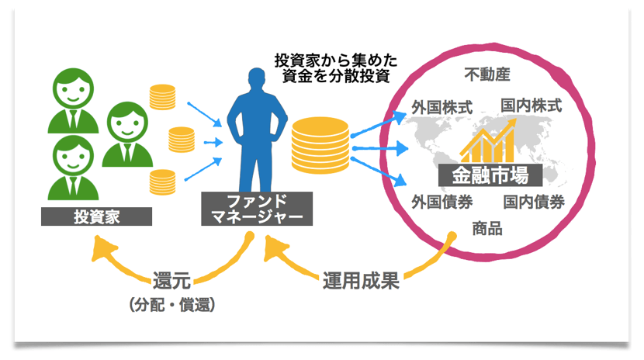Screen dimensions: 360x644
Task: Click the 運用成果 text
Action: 361,281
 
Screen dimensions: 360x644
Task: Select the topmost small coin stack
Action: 164,98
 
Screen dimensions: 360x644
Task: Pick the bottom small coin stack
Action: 162,182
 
